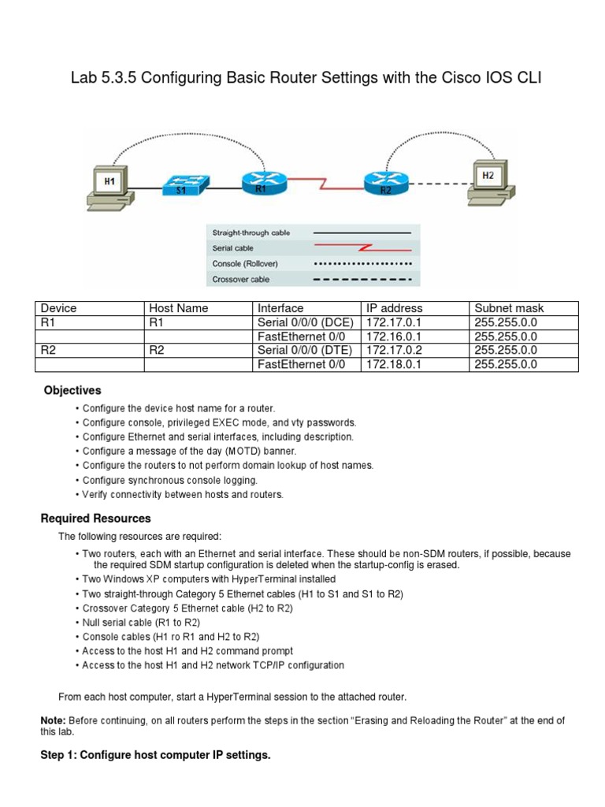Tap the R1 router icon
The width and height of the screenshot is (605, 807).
pos(260,184)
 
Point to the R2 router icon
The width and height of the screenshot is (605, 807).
pos(384,184)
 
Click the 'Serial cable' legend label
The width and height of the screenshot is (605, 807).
pos(233,248)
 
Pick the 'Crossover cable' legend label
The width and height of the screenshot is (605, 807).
pos(241,279)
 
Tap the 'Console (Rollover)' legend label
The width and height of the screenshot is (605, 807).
pos(245,263)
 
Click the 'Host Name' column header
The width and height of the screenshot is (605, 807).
pos(179,308)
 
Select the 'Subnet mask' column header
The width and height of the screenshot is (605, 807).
pos(509,308)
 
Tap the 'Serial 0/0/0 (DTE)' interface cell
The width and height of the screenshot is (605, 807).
pos(305,350)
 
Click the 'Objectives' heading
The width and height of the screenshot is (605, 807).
pos(72,390)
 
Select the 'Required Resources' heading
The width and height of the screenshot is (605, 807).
pos(95,519)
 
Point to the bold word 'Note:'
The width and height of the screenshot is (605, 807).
pos(54,720)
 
